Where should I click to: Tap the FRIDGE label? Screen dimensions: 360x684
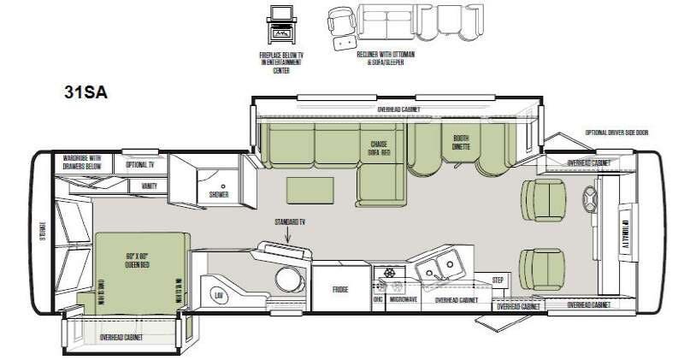339,291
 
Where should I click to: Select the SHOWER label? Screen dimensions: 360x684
219,194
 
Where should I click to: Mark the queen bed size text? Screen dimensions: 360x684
137,259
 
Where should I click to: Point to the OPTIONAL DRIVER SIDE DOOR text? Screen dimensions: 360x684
616,133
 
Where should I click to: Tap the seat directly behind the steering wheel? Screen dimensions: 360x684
541,200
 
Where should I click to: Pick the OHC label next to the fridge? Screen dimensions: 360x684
377,300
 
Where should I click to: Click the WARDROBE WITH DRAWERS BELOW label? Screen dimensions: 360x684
83,161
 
